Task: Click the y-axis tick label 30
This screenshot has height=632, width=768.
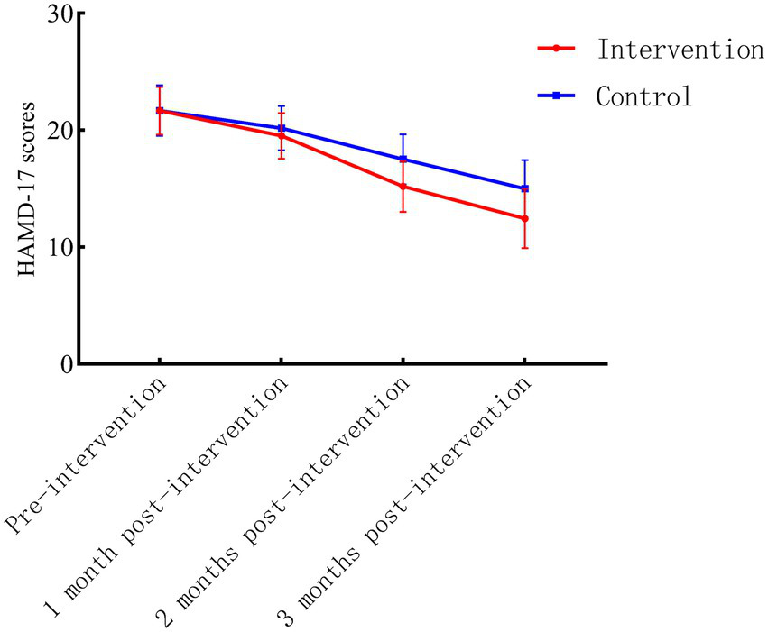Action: click(52, 14)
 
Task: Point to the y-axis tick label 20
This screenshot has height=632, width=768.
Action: click(52, 131)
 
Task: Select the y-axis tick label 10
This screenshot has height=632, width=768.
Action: click(52, 247)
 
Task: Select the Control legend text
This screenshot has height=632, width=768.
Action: click(643, 96)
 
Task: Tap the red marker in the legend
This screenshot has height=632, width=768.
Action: click(558, 50)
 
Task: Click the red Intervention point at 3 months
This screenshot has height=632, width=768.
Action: click(524, 218)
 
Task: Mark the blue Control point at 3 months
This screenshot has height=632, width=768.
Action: click(524, 188)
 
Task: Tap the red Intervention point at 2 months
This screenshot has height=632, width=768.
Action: click(403, 187)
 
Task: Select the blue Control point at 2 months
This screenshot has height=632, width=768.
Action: click(403, 160)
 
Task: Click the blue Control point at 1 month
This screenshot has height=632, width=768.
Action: click(281, 128)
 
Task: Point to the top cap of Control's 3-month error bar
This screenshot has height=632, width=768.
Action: click(524, 160)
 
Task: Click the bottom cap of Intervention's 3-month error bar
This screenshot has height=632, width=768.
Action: click(524, 248)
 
